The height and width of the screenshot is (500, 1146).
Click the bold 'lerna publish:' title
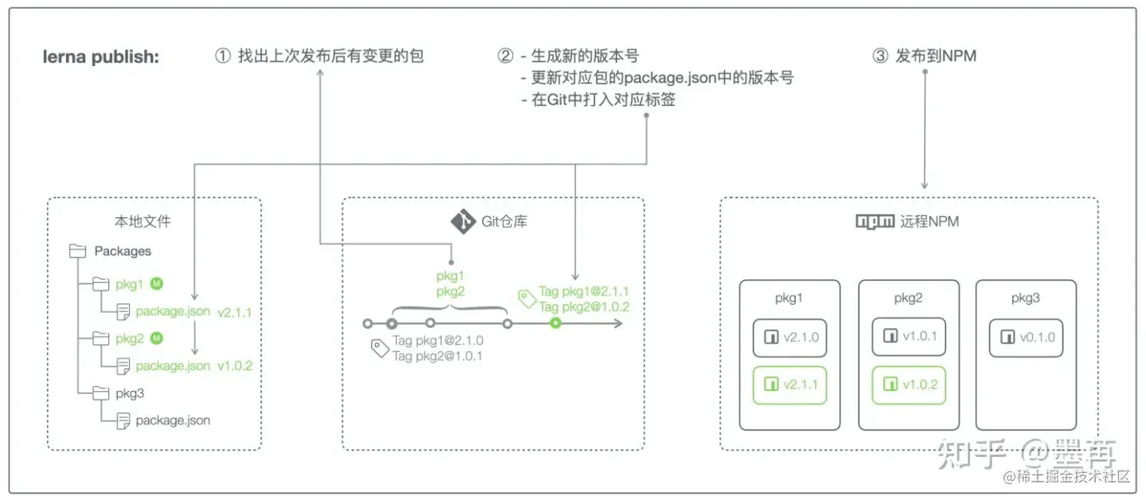click(101, 57)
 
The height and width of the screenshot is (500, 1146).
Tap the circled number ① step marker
click(223, 57)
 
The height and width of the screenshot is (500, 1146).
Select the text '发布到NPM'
click(936, 57)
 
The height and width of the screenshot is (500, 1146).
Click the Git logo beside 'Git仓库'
click(462, 221)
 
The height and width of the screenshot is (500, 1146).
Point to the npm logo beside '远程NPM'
click(875, 221)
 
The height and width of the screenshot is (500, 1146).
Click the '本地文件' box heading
click(142, 221)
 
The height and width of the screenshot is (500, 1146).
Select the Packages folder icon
click(78, 252)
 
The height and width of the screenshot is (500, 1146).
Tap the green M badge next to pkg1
click(157, 283)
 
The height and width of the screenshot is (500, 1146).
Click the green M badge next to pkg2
click(157, 338)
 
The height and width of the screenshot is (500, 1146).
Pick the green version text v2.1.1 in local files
click(234, 312)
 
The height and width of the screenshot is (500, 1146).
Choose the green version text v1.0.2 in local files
click(234, 366)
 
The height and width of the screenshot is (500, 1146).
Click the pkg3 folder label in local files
click(130, 393)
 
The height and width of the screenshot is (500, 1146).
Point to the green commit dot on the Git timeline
click(555, 323)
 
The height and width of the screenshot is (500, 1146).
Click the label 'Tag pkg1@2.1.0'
click(438, 341)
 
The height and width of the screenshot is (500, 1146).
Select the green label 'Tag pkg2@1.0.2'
click(583, 307)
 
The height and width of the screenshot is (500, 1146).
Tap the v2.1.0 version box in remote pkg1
click(789, 338)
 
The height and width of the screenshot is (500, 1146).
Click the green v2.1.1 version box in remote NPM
click(789, 385)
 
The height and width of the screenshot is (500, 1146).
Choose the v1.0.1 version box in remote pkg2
click(910, 337)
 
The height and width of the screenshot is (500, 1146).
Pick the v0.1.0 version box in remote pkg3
click(1027, 338)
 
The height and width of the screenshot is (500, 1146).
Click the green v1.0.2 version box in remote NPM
click(910, 385)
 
